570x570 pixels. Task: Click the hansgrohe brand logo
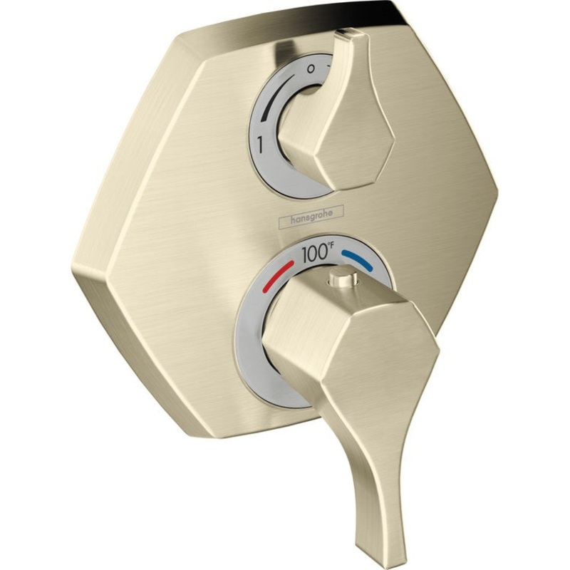(x=314, y=212)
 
